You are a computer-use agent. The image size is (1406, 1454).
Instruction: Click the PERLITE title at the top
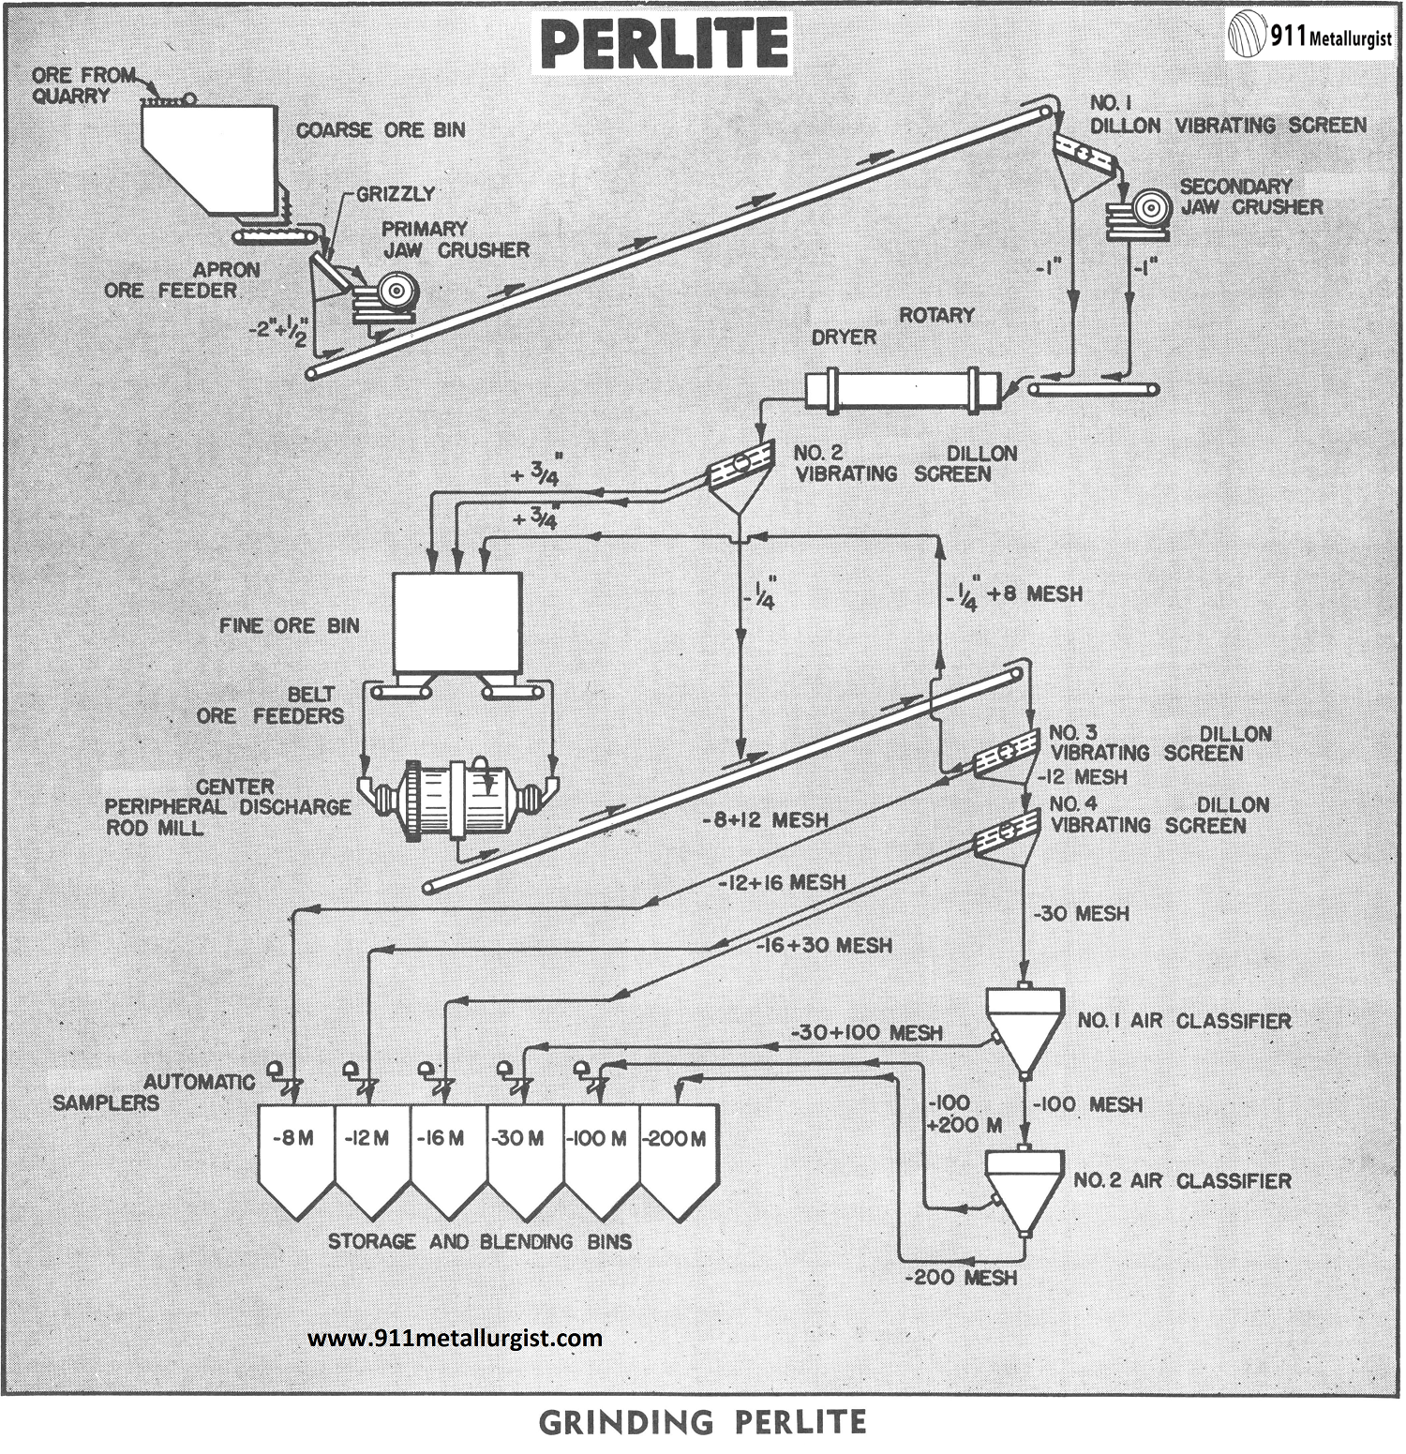[664, 44]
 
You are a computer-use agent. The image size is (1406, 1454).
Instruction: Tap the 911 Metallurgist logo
[1309, 37]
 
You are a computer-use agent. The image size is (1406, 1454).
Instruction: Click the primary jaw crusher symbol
[384, 297]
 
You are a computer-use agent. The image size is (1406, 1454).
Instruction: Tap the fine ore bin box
[456, 622]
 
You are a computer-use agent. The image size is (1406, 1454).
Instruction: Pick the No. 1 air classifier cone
[1025, 1026]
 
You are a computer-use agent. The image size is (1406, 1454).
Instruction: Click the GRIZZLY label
[396, 194]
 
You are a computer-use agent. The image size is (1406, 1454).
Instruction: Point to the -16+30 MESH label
[824, 945]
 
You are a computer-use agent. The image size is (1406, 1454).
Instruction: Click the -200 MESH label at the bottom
[961, 1277]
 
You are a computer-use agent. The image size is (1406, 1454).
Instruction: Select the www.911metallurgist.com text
[455, 1338]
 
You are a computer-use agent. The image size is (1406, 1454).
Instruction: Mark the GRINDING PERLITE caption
[702, 1422]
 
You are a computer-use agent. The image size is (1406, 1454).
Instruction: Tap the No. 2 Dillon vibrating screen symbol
[741, 469]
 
